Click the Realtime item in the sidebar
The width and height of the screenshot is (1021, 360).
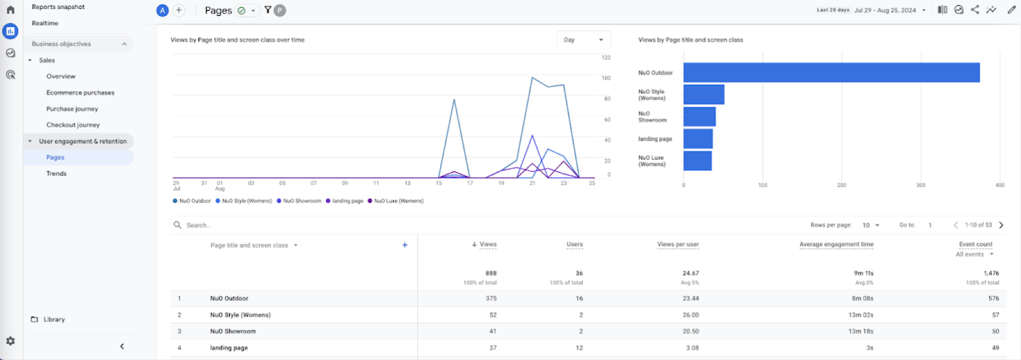click(45, 24)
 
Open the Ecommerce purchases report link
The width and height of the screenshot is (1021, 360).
click(80, 93)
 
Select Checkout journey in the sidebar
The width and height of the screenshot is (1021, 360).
click(73, 125)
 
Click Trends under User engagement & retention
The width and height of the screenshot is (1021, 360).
click(56, 174)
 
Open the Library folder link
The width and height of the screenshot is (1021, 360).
click(54, 319)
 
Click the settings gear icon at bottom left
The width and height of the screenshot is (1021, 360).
click(10, 341)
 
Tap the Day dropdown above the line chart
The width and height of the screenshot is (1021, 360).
click(583, 40)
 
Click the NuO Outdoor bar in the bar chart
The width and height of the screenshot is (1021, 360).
click(831, 73)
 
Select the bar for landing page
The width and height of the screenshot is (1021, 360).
click(697, 139)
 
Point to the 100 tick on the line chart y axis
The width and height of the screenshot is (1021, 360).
click(606, 78)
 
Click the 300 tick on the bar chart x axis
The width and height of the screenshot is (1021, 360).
click(920, 185)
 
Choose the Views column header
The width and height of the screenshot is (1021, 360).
click(488, 244)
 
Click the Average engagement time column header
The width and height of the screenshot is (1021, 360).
click(836, 244)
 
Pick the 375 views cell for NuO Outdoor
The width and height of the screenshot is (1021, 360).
click(491, 298)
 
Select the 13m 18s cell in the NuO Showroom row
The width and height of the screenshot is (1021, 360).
click(860, 331)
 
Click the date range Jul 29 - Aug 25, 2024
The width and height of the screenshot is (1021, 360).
click(884, 10)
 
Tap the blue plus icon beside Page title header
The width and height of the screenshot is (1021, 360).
click(405, 245)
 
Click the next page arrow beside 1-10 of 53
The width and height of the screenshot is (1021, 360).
click(1001, 225)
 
